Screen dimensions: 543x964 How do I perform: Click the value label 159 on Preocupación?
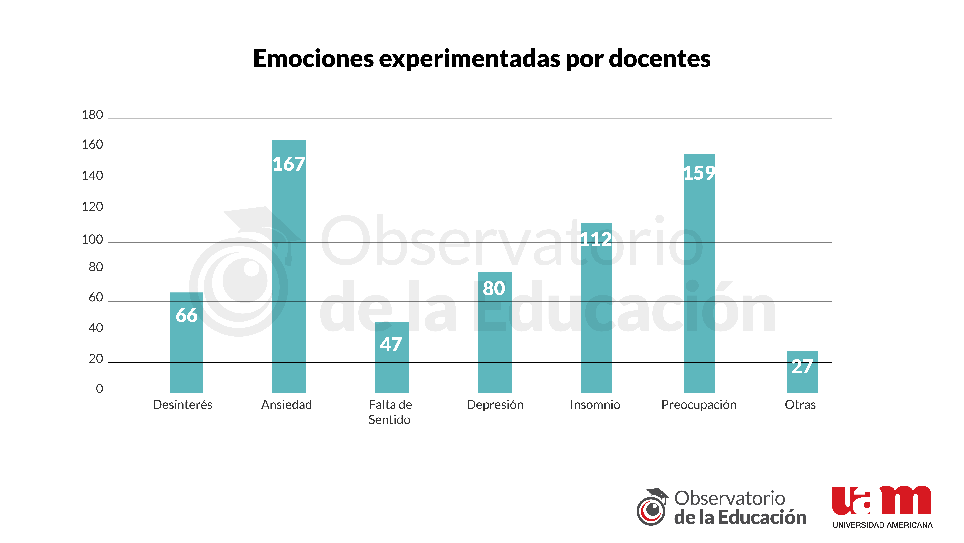click(x=699, y=173)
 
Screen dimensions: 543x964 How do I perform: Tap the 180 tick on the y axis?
click(x=92, y=115)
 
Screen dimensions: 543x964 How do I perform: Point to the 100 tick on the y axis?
click(x=92, y=239)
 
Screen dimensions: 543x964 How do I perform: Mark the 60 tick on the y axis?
click(x=95, y=297)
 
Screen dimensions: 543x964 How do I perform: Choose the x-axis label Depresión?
click(x=495, y=405)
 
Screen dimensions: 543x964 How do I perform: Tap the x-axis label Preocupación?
click(x=699, y=405)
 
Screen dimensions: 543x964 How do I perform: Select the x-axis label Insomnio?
click(x=595, y=405)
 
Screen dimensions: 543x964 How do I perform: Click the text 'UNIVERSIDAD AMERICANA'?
click(x=882, y=525)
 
